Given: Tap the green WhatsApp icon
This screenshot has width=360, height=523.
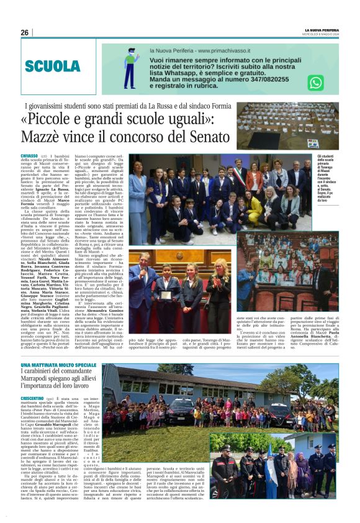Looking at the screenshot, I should coord(315,83).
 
